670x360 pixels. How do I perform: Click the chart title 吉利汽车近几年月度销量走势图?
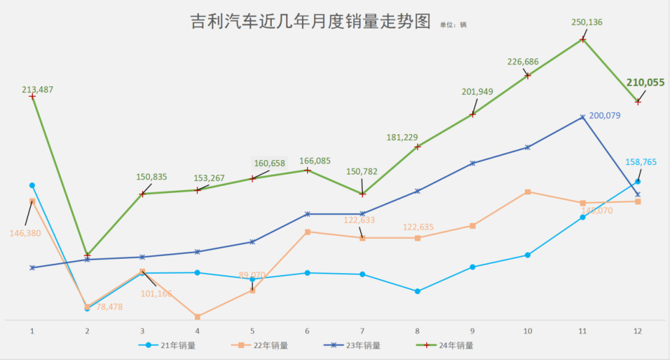coord(310,22)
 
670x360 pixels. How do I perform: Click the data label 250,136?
coord(587,22)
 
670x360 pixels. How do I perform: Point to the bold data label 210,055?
coord(645,82)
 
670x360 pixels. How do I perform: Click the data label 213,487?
coord(38,89)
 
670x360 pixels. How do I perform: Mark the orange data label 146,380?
coord(25,233)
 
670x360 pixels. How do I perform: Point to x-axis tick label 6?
coord(307,331)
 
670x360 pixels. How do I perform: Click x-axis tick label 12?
coord(637,331)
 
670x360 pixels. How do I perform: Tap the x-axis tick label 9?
coord(472,331)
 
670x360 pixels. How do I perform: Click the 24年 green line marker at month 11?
coord(583,40)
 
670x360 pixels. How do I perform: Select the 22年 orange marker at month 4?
coord(197,317)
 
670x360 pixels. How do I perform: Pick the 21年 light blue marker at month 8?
coord(418,291)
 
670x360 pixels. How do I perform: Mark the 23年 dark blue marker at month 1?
coord(32,268)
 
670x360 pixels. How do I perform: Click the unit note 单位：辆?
coord(453,25)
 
